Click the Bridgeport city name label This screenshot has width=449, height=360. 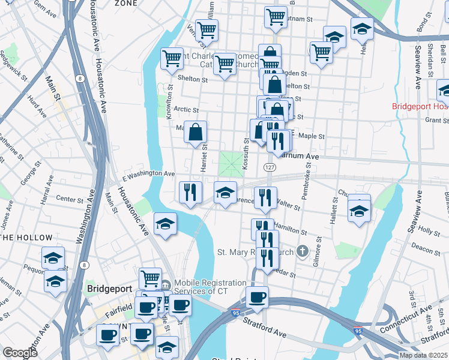click(x=109, y=289)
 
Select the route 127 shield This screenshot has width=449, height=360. click(x=269, y=166)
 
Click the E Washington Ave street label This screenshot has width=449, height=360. click(x=148, y=173)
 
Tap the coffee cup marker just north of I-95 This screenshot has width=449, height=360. click(x=257, y=298)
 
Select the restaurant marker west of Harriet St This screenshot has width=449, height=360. click(x=190, y=193)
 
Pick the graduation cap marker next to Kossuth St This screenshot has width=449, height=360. click(x=225, y=193)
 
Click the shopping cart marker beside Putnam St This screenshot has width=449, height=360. click(x=276, y=17)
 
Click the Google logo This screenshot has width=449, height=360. click(x=19, y=352)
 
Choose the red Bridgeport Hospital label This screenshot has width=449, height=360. click(x=420, y=106)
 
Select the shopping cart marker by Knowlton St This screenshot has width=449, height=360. click(x=172, y=59)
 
